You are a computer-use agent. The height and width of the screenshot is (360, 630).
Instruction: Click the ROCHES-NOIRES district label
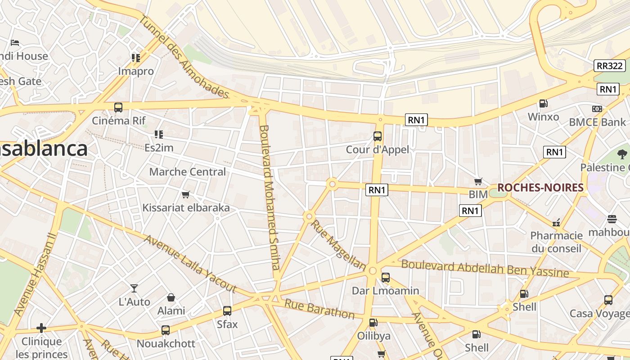pos(540,188)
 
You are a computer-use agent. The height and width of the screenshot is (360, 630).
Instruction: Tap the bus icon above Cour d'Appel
pos(378,136)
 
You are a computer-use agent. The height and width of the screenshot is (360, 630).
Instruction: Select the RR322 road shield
pos(610,66)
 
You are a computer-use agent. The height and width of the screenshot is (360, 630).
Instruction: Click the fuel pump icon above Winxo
pos(543,103)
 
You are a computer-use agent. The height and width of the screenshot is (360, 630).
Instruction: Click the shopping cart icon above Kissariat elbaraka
pos(185,195)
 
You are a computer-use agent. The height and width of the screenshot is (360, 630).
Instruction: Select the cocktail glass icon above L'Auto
pos(134,288)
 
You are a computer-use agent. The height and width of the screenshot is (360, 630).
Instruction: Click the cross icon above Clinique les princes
pos(41,328)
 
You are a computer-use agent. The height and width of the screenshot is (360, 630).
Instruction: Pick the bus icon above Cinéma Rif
pos(118,108)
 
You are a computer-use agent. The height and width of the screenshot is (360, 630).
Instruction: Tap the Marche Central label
pos(188,172)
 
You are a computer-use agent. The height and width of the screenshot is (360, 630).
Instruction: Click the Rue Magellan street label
pos(338,245)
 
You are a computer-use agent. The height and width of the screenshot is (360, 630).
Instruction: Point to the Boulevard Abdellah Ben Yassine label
pos(485,269)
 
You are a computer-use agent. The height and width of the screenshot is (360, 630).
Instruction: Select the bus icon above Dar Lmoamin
pos(385,278)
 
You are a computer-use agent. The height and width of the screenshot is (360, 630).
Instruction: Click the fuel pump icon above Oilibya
pos(373,323)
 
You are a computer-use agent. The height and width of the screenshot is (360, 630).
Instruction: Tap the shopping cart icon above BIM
pos(478,181)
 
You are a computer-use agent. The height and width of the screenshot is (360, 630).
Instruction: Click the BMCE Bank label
pos(597,122)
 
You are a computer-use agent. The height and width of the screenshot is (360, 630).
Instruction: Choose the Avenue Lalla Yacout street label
pos(190,263)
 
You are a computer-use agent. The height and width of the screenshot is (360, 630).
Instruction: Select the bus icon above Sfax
pos(227,311)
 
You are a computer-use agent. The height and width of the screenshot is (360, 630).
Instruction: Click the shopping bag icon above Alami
pos(171,297)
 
